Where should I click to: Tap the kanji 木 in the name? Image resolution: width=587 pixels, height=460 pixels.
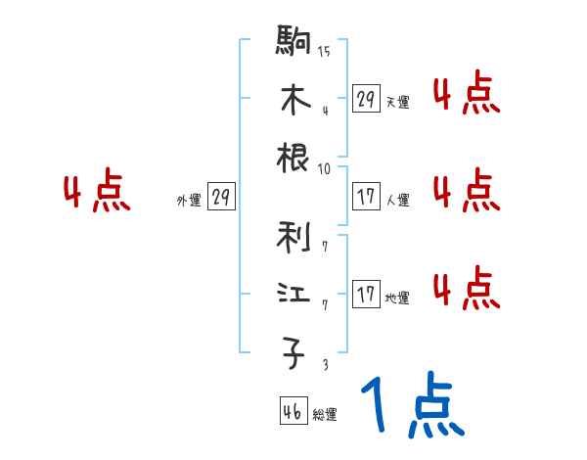point(294,101)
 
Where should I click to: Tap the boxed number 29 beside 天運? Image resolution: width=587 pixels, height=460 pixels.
point(366,99)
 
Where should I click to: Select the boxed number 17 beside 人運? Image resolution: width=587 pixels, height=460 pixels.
point(366,196)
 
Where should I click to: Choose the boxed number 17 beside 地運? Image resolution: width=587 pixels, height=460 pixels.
point(366,294)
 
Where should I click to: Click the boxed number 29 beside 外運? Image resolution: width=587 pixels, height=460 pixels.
point(221,198)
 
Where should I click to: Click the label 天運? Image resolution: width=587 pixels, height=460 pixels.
point(397,102)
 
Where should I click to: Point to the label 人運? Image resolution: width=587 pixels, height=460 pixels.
point(397,200)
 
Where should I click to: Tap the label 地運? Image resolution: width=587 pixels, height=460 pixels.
point(397,298)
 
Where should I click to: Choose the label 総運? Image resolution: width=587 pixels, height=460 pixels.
point(325,415)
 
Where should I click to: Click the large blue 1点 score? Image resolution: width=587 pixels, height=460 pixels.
point(411,407)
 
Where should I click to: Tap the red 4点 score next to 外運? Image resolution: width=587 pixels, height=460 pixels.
point(95,193)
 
